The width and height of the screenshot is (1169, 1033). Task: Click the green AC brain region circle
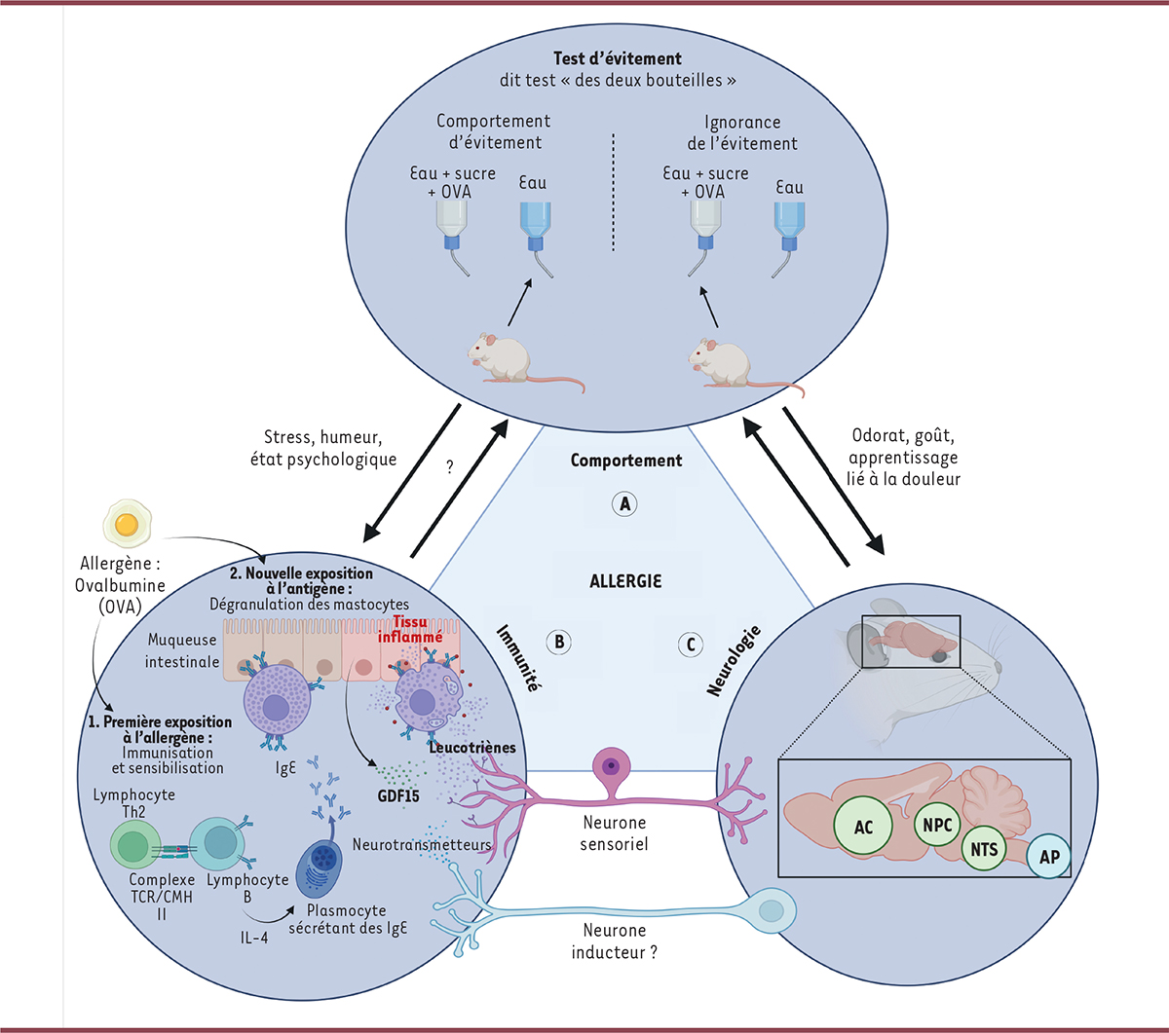pos(864,827)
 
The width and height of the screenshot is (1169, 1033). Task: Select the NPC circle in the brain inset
pos(937,824)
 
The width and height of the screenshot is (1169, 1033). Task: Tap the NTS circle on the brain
pos(984,849)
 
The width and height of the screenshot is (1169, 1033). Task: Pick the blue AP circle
pos(1049,857)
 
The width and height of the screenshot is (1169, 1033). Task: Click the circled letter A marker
pos(624,503)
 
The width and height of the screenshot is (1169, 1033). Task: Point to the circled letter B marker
pos(559,642)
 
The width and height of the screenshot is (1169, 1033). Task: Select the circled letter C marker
pos(691,644)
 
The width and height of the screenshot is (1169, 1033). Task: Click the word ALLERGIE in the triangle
pos(625,581)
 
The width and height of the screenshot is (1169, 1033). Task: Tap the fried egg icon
pos(126,526)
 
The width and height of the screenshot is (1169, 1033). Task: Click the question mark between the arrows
pos(450,467)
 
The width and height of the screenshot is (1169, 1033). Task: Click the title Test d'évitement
pos(618,59)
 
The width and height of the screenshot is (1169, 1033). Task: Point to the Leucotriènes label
pos(471,748)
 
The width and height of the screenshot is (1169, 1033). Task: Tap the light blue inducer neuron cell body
pos(771,910)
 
